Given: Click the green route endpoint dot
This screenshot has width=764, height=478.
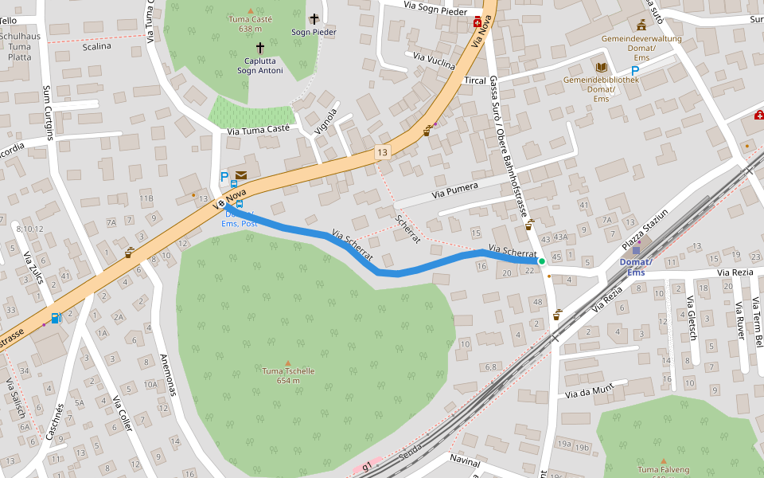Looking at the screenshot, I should coord(542,261).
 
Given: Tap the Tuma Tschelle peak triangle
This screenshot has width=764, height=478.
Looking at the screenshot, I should coord(288,363).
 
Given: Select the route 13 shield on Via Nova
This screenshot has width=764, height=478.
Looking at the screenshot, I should coord(384,152).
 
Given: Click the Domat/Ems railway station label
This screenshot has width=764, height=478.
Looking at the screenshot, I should coord(636,268).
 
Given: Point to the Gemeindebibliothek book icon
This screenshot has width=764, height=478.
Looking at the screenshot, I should coord(602,67).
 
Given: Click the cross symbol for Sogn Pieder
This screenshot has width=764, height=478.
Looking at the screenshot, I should coord(314,18).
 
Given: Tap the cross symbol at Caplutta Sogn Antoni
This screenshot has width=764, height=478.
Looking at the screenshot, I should coord(259,48).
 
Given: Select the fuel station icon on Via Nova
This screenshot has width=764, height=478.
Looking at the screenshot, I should coord(56,318).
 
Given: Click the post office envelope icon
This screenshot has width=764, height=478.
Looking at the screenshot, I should coord(240,175).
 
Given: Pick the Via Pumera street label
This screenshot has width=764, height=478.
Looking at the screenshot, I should coord(455,190).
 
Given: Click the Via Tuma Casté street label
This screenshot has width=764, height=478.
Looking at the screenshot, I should coord(258,129).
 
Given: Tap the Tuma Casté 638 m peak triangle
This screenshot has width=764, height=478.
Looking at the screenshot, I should coord(251,10).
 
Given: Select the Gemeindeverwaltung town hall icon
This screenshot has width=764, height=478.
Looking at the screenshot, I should coord(641,25).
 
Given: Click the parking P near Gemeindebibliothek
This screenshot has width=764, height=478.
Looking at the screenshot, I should coord(635,71).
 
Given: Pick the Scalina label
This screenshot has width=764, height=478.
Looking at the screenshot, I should coord(96,46).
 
